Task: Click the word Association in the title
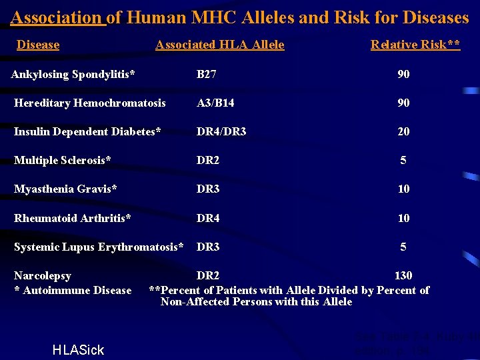pos(57,17)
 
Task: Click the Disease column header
pos(38,45)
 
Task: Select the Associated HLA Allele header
pos(220,45)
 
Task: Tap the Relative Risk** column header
pos(415,45)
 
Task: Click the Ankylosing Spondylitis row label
pos(73,74)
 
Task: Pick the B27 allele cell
pos(206,74)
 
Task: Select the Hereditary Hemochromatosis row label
pos(90,103)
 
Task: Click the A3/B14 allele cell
pos(215,103)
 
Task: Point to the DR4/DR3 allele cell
pos(221,131)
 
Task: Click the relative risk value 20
pos(403,131)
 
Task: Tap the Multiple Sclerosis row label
pos(63,160)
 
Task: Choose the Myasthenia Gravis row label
pos(66,189)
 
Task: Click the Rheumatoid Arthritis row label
pos(73,218)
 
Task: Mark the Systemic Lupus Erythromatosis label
pos(99,247)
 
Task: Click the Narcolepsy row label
pos(43,275)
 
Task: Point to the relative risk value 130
pos(403,275)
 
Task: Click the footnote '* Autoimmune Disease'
pos(73,290)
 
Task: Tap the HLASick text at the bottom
pos(78,350)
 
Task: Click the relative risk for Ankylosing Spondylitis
pos(403,74)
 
